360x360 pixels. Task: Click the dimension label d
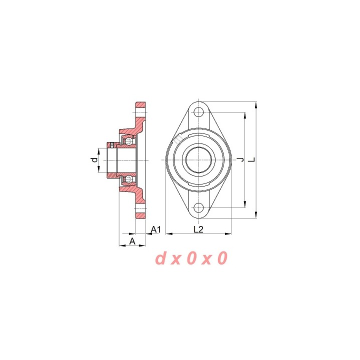94,160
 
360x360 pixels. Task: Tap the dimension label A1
156,229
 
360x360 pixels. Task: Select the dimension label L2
198,229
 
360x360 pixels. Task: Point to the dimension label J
241,159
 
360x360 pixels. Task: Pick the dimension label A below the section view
132,241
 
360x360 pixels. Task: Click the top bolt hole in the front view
198,112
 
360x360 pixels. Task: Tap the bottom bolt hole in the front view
198,208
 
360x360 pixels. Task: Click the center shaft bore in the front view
198,160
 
